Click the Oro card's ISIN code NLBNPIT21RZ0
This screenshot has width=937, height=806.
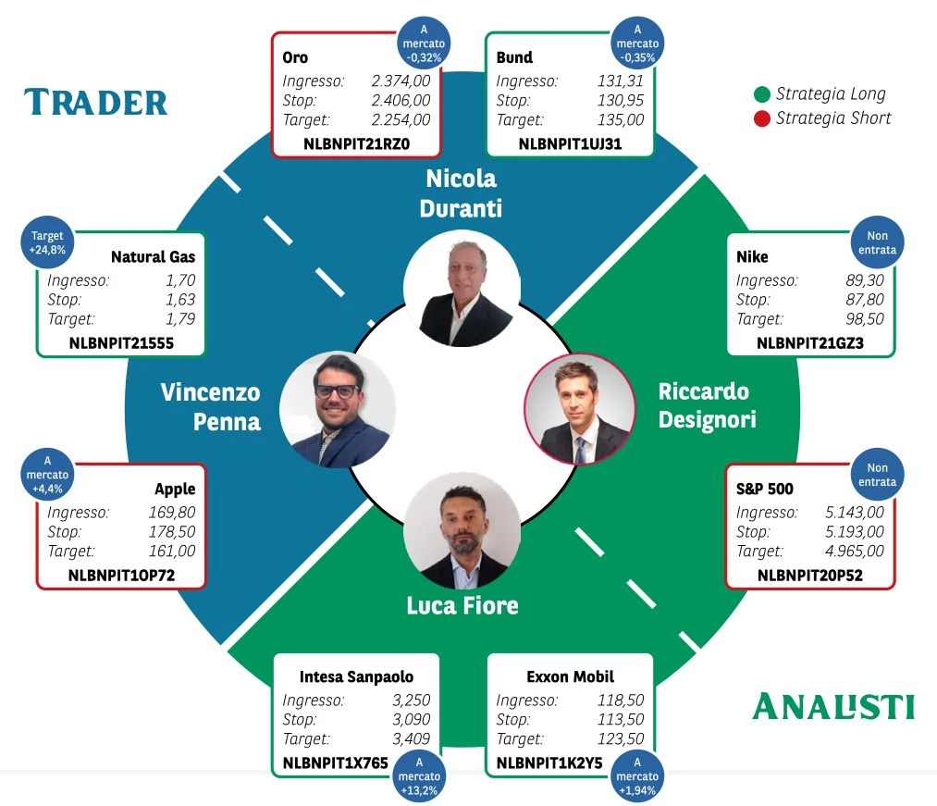click(356, 144)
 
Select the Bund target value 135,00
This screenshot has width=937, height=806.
click(621, 119)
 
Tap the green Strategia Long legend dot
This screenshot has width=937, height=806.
click(762, 94)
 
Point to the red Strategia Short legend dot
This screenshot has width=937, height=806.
click(762, 119)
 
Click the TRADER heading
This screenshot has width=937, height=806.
click(95, 102)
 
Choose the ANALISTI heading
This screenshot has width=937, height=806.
click(833, 707)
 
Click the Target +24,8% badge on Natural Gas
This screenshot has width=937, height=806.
click(48, 242)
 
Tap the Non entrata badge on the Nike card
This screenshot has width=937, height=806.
click(877, 242)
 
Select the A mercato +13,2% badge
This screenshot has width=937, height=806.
click(419, 775)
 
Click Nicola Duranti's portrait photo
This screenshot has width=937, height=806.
click(462, 288)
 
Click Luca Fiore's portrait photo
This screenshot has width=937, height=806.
click(462, 531)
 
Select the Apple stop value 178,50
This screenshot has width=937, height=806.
click(172, 531)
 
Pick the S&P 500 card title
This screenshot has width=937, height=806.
click(764, 489)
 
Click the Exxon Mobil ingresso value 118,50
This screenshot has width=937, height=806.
click(621, 700)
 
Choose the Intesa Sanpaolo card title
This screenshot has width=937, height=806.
click(356, 676)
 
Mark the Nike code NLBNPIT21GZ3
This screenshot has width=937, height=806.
click(809, 343)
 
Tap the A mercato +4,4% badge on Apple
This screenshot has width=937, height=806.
click(48, 474)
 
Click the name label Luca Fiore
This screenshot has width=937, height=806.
click(462, 606)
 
